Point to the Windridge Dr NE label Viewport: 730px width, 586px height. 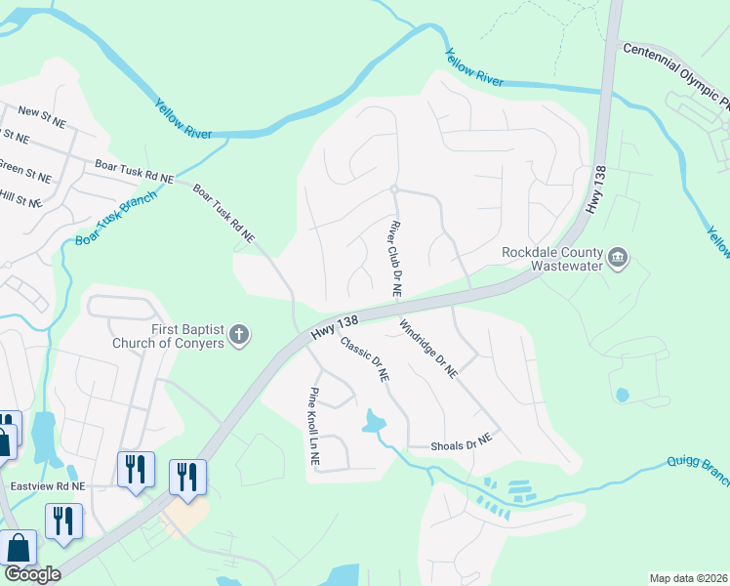429,349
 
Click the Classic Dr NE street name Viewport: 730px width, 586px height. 365,357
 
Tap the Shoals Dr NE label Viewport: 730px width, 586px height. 462,445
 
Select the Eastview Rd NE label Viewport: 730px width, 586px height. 48,485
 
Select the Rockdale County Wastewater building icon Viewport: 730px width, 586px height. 617,258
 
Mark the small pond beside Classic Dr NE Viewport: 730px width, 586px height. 374,422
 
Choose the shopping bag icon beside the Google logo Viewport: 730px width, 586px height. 19,549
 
